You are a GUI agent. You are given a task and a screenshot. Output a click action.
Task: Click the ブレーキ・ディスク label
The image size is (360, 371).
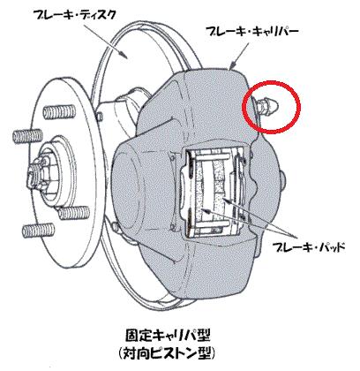[x=73, y=15]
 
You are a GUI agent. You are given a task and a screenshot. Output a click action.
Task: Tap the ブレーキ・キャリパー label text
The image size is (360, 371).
[x=252, y=31]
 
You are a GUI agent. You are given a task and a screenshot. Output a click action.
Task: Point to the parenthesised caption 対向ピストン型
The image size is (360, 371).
[x=168, y=352]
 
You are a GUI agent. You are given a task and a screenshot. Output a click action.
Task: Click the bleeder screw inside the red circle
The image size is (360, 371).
[x=266, y=104]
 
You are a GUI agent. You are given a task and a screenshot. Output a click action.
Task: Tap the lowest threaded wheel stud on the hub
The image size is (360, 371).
[x=38, y=230]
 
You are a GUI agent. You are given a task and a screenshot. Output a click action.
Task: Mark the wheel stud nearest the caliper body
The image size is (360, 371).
[x=73, y=212]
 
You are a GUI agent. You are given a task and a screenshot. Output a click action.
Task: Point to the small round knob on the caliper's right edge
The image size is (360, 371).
[x=282, y=178]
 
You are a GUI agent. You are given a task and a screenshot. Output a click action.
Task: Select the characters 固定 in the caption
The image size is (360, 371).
[x=139, y=335]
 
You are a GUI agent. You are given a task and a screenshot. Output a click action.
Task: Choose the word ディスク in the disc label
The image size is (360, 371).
[x=96, y=15]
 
